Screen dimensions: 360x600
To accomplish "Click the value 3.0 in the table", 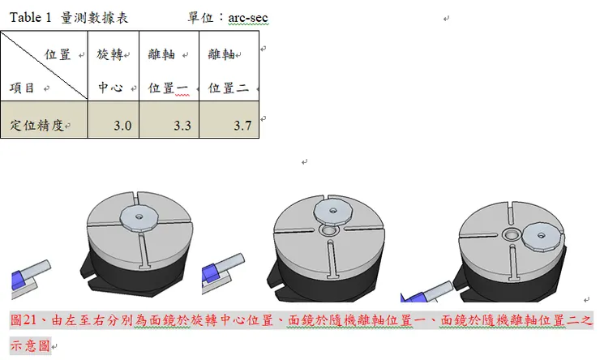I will pos(122,126).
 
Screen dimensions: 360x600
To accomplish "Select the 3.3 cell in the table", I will pos(182,126).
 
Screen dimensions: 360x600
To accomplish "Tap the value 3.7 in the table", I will pos(242,126).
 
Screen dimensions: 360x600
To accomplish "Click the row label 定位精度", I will pos(36,126).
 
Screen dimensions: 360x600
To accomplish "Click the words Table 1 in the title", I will pos(31,17).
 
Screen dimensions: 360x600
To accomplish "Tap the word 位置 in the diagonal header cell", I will pos(57,55).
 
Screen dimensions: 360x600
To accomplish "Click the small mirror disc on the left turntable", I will pos(138,216).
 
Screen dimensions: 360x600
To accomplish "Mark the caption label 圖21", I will pos(24,321).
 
